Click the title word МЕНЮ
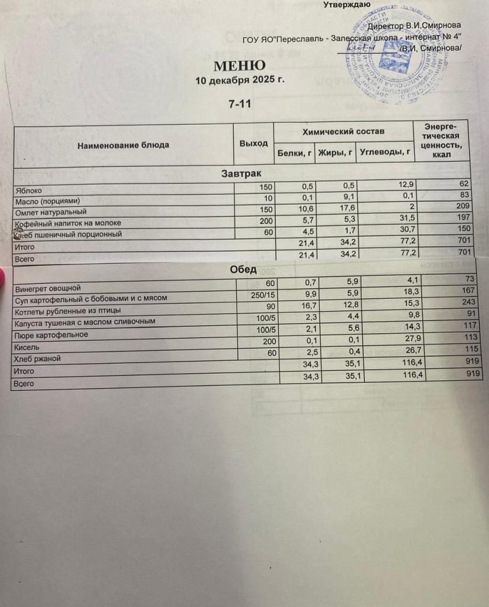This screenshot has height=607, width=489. (239, 66)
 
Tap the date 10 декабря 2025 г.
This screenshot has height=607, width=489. (240, 80)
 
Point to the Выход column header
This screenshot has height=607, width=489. (254, 144)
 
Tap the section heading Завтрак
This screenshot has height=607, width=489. (241, 173)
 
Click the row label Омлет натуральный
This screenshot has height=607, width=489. (52, 212)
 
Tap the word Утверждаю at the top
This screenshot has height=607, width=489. (346, 5)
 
